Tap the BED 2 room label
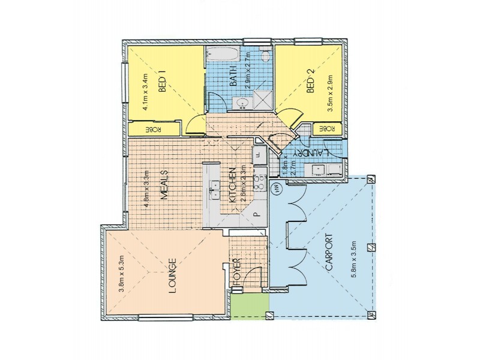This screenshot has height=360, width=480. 310,84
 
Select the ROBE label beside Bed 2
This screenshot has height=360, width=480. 326,129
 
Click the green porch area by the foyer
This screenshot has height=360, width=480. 249,306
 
